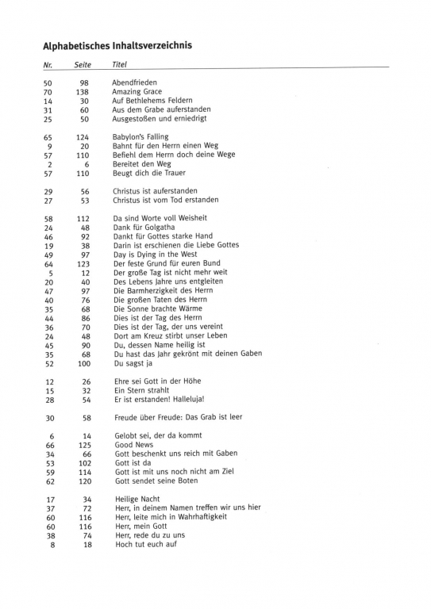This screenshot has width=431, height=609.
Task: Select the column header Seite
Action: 83,64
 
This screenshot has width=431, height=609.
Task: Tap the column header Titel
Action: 120,64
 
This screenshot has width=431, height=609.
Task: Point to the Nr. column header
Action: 48,64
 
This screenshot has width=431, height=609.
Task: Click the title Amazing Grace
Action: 137,92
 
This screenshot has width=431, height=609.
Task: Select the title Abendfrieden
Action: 134,82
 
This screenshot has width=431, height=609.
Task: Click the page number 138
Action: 82,92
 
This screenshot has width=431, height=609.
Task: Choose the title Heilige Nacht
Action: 137,499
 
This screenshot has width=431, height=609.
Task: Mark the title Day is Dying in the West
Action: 155,255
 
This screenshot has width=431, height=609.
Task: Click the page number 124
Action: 82,137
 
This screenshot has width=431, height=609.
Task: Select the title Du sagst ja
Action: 133,363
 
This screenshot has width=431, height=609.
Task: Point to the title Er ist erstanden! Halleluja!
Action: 159,399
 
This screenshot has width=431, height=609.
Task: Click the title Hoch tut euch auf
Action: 145,544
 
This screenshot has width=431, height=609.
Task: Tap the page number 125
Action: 83,446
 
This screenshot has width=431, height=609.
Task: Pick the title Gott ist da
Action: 133,463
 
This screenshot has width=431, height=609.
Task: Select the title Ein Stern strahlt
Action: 142,390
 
